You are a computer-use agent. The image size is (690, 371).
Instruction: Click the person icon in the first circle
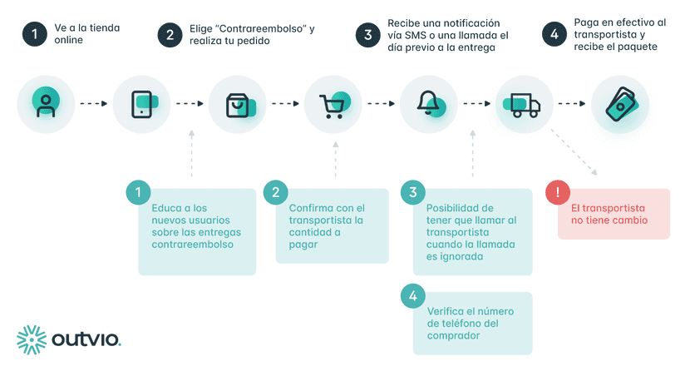click(x=46, y=104)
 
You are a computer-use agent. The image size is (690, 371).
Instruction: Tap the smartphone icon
click(x=141, y=104)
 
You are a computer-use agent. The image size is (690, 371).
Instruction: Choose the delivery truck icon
click(x=525, y=105)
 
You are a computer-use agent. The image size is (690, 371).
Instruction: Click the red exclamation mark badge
click(x=556, y=193)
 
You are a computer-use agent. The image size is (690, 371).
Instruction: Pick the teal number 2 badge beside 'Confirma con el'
click(x=275, y=193)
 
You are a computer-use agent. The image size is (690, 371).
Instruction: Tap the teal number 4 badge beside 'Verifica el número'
click(x=412, y=296)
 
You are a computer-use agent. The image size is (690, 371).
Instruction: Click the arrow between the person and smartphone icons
click(x=93, y=104)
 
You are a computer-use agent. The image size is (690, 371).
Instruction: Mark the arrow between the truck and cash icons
click(x=572, y=104)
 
